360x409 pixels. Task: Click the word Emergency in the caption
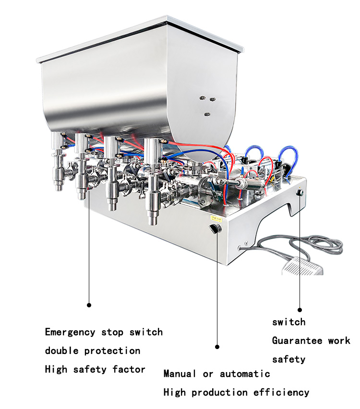coord(70,332)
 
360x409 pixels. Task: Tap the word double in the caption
coord(61,351)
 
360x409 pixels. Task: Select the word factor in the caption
coord(129,369)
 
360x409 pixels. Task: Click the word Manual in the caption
coord(180,374)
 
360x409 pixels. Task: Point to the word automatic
coord(245,374)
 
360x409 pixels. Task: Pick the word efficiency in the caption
coord(281,392)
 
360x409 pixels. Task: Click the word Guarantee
coord(297,340)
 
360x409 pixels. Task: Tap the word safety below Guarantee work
coord(289,360)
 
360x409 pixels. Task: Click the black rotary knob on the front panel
coord(216,229)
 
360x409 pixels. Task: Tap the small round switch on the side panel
coord(300,193)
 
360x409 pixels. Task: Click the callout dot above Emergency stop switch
coord(89,305)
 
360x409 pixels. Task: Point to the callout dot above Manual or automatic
coord(217,347)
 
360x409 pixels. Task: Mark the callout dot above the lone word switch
coord(300,310)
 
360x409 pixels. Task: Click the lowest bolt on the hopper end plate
coord(207,114)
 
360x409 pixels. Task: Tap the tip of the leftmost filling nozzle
coord(60,189)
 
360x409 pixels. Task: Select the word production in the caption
coord(219,392)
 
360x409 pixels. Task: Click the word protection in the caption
coord(112,351)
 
